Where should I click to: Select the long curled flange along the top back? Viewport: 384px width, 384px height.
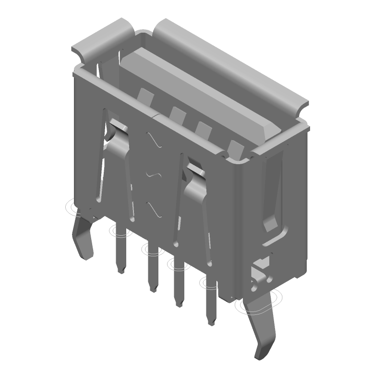pyautogui.click(x=230, y=67)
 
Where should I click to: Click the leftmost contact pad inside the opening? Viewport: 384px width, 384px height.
pyautogui.click(x=145, y=95)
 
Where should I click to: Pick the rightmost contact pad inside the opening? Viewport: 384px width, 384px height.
pyautogui.click(x=235, y=147)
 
